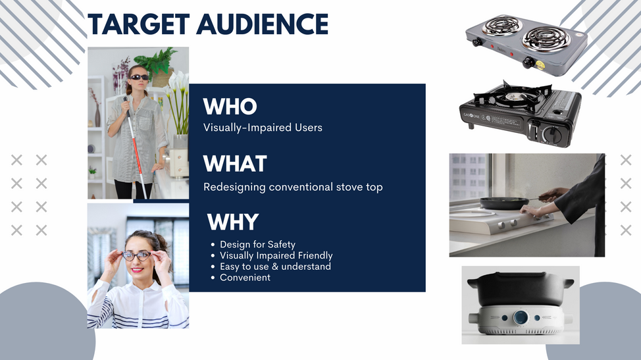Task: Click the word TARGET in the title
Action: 139,24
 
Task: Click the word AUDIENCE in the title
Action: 263,24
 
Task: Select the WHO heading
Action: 230,106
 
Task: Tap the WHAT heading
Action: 235,163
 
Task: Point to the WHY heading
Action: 232,222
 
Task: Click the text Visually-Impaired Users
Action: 263,128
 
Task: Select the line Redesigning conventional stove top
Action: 293,187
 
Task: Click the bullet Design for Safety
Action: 257,244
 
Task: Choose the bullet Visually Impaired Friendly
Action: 276,255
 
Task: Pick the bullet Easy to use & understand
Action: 276,267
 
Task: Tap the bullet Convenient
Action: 245,278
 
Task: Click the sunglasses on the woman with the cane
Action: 139,77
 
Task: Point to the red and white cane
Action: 135,147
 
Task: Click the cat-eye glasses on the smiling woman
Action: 137,256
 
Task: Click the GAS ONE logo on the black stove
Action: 471,116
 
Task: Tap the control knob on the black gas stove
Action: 551,134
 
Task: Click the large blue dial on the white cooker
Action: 521,317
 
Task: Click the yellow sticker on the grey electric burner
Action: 540,65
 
